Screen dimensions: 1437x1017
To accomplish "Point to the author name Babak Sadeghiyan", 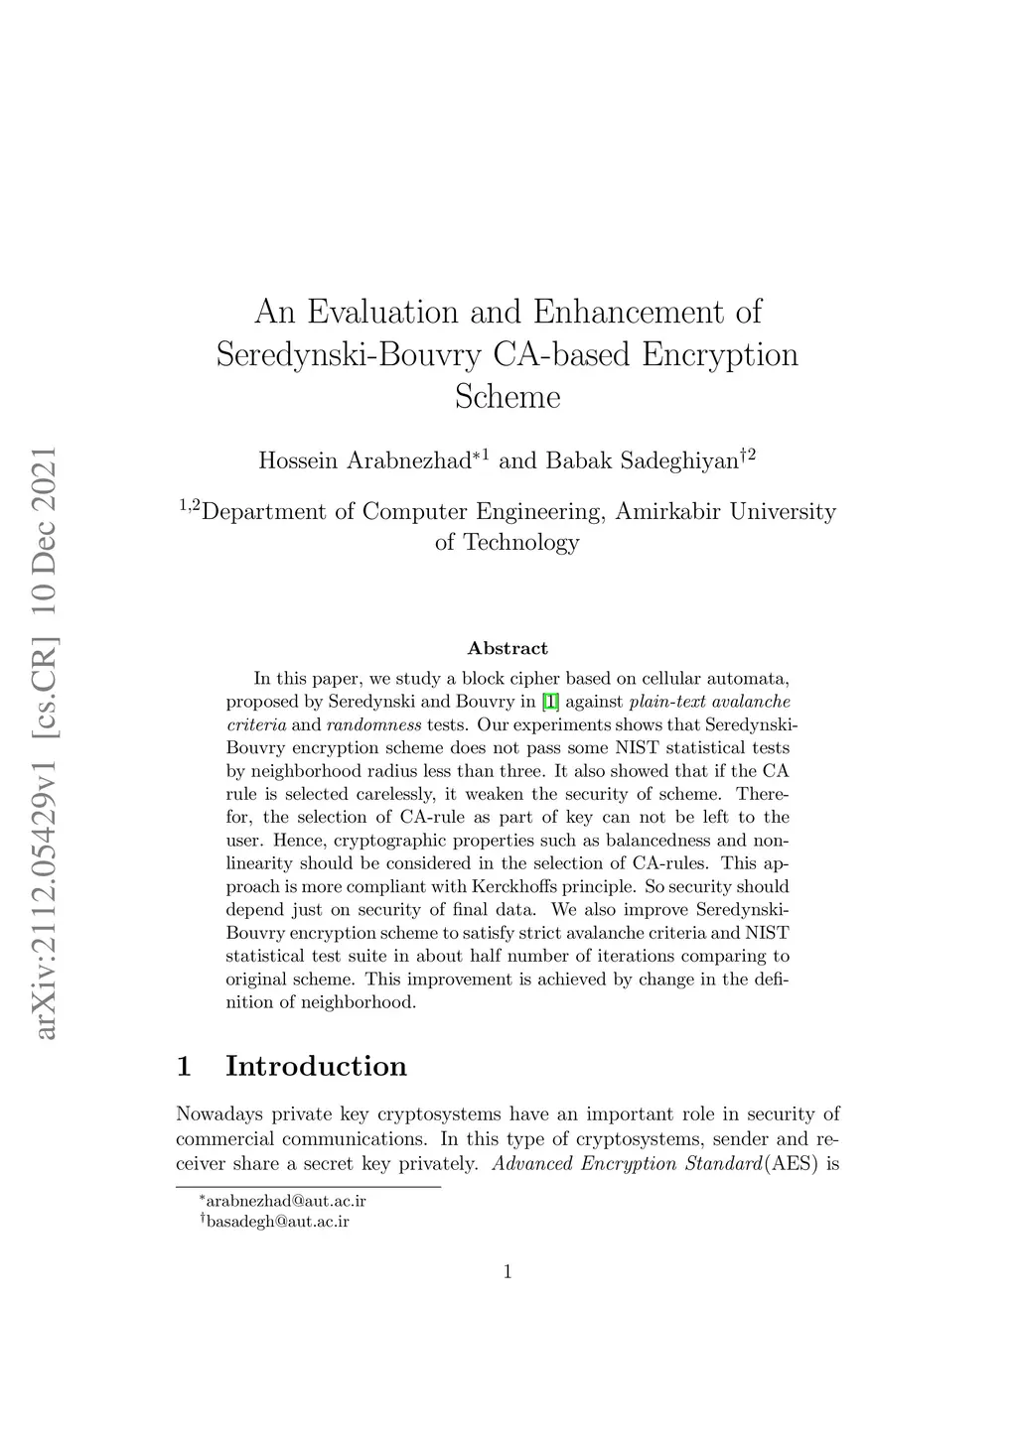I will click(643, 460).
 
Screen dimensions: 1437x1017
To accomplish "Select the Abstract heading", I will click(508, 649).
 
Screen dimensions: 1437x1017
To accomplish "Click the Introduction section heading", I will click(316, 1066).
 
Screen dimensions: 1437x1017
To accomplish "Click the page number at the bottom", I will click(508, 1272).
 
